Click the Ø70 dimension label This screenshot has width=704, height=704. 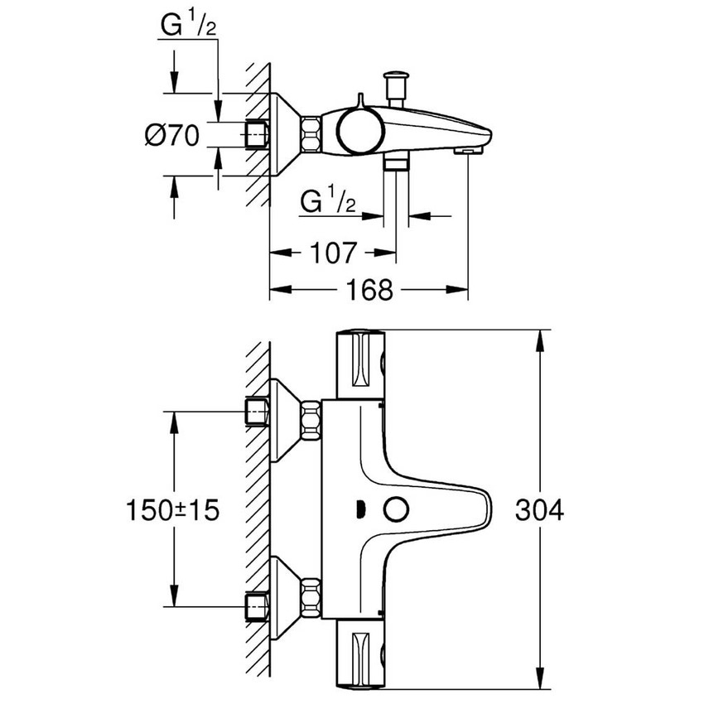172,135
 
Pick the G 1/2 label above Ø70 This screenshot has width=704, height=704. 189,29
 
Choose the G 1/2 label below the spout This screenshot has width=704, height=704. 327,201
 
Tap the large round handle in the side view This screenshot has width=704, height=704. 358,133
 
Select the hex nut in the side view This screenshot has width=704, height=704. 311,134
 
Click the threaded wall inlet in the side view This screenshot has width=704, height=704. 258,134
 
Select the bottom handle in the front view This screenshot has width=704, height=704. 360,654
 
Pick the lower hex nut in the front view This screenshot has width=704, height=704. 311,594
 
